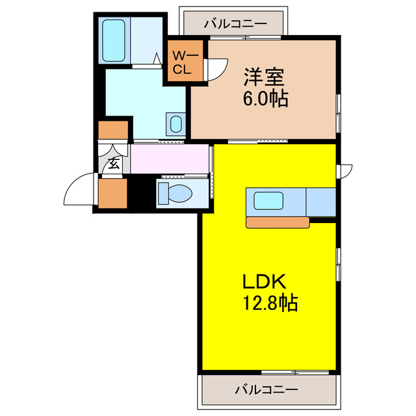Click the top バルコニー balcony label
235,24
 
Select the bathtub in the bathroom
114,40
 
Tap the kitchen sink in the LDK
266,201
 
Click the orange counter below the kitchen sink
278,222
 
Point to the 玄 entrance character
113,163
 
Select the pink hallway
170,159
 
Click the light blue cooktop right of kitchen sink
321,201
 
